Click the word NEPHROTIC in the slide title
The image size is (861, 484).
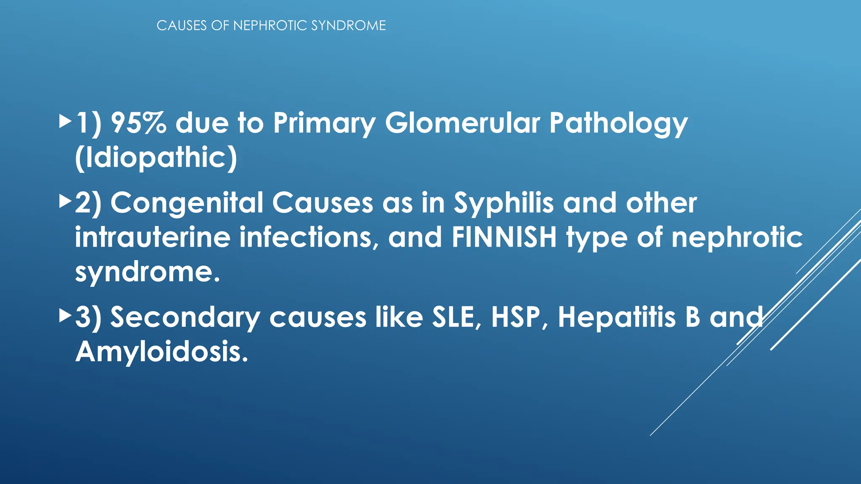click(270, 26)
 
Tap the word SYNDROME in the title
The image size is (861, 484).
click(349, 26)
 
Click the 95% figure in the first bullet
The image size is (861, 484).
click(138, 123)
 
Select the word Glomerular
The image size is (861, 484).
click(462, 123)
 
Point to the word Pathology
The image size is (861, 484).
click(618, 124)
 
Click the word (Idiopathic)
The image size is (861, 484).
click(156, 158)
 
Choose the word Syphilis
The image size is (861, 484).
click(504, 203)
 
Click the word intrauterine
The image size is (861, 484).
click(153, 237)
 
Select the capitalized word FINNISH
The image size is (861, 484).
click(504, 237)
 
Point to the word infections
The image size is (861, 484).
click(306, 237)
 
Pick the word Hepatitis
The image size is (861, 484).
click(617, 317)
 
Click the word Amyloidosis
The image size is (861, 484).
click(162, 352)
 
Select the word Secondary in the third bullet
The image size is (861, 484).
click(185, 317)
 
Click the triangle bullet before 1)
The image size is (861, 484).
click(65, 122)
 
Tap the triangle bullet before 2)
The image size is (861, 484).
click(65, 202)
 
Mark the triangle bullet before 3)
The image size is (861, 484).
click(65, 315)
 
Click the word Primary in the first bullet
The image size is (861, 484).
click(324, 124)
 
